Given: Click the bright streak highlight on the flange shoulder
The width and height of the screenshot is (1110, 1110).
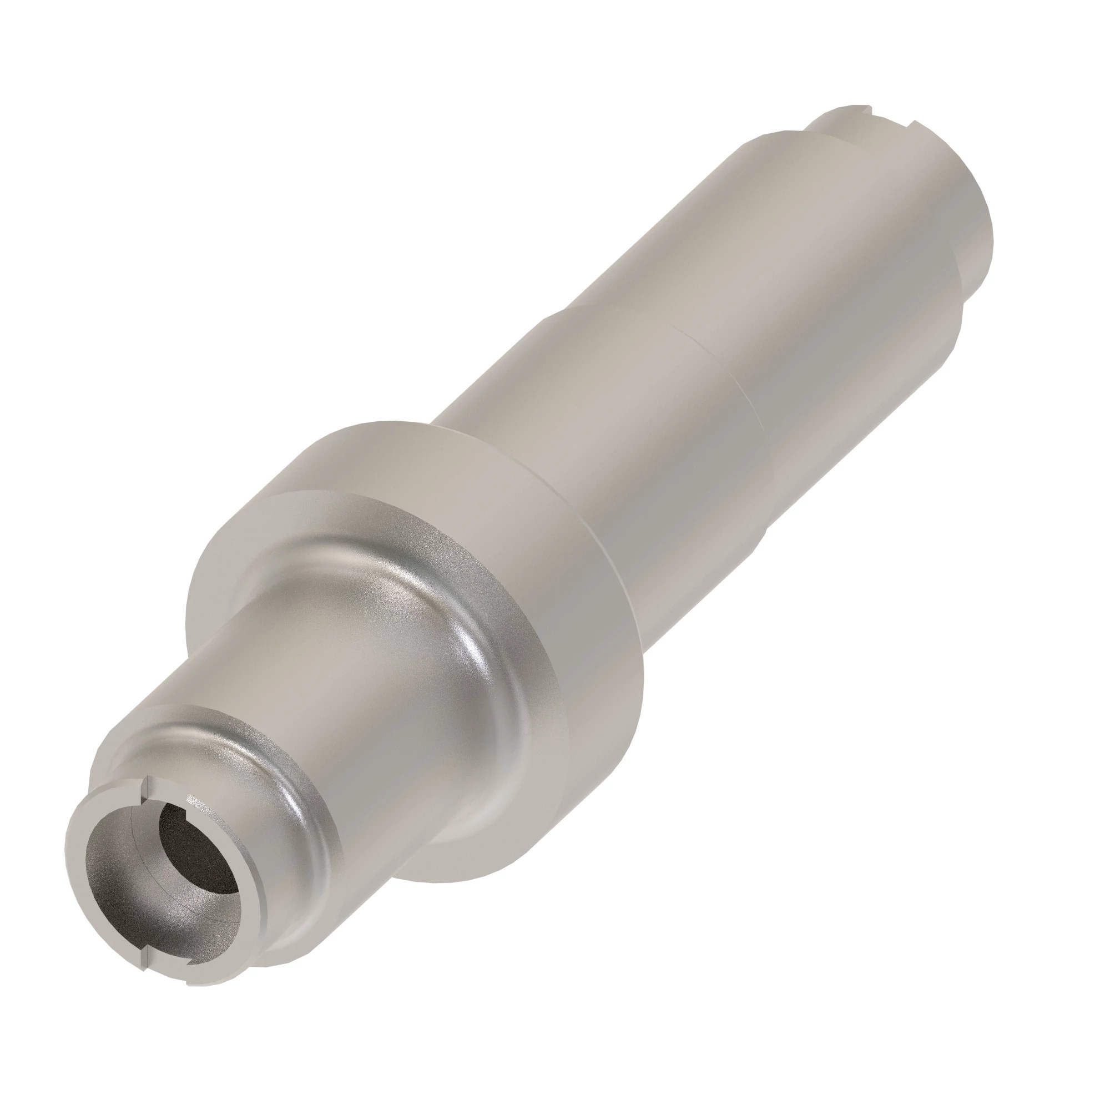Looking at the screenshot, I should (480, 649).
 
